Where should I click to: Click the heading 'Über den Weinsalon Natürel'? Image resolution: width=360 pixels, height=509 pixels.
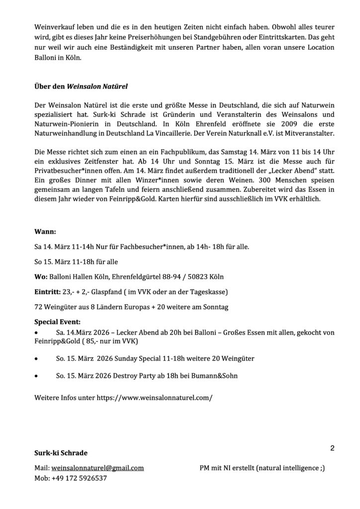tap(81, 86)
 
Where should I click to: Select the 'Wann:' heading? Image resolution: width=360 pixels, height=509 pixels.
tap(45, 232)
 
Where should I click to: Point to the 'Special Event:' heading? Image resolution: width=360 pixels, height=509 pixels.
tap(57, 321)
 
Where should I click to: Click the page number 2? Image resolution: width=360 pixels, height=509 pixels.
tap(332, 448)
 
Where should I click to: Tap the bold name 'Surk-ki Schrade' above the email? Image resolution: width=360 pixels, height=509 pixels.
tap(61, 453)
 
